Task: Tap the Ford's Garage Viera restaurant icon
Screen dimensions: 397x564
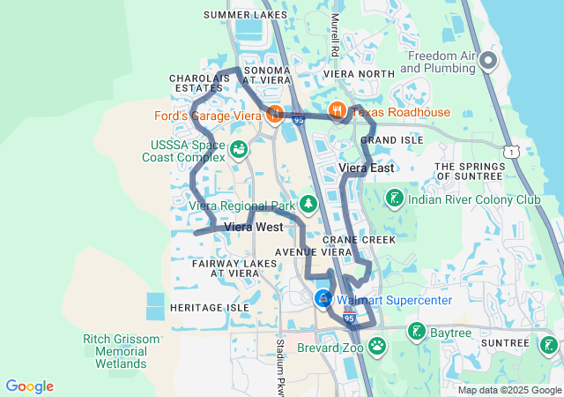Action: tap(275, 113)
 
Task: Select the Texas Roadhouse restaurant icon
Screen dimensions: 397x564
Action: tap(336, 111)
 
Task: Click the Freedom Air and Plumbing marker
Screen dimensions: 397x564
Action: tap(488, 61)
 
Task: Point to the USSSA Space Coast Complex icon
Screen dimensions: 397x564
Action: tap(238, 150)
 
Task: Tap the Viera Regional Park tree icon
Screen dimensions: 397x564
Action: tap(308, 205)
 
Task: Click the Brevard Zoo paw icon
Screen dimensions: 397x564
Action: tap(377, 345)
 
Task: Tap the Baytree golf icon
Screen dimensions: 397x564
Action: tap(416, 331)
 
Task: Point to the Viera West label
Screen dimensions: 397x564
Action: tap(254, 227)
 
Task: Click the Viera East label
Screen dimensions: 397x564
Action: tap(367, 168)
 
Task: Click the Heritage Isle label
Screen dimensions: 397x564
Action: tap(210, 307)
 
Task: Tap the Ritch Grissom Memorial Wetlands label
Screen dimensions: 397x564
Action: tap(122, 351)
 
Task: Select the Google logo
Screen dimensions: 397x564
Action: tap(29, 386)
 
